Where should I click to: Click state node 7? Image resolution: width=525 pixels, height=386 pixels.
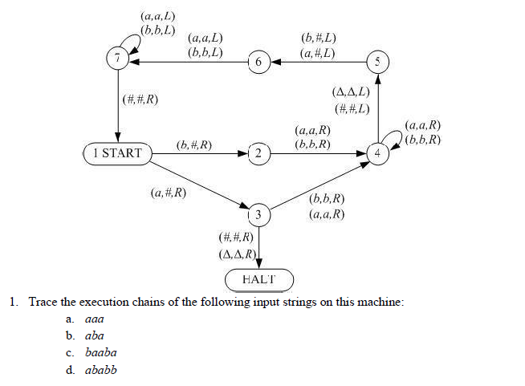coord(118,58)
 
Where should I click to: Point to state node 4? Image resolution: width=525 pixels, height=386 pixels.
coord(379,152)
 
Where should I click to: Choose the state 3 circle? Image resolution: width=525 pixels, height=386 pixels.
coord(258,214)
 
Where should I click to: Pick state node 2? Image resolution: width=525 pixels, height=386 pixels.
coord(258,152)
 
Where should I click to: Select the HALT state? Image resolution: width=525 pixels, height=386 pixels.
coord(258,279)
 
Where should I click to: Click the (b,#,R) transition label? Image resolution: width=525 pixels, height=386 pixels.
coord(193,144)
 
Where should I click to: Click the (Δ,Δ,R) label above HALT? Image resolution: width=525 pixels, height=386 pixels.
coord(237,254)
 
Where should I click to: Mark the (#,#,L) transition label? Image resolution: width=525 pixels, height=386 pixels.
coord(352,108)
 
